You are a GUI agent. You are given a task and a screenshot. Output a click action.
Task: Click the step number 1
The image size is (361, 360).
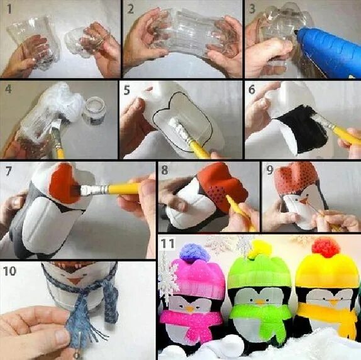[x=9, y=9]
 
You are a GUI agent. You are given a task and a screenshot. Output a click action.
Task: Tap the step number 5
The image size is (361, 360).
[x=127, y=90]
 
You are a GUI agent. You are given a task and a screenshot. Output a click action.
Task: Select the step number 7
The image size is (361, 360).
[x=8, y=170]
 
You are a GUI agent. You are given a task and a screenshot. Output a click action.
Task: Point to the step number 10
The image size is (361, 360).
[x=9, y=271]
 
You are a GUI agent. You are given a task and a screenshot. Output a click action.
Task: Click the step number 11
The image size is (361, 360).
[x=167, y=243]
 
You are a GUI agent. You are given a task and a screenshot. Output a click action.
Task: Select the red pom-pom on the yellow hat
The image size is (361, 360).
[x=326, y=248]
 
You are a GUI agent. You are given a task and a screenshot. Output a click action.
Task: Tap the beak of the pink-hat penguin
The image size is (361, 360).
[x=190, y=309]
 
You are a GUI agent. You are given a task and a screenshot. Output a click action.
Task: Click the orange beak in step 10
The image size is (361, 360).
[x=74, y=281]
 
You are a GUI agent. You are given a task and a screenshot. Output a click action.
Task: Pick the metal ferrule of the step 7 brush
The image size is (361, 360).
[x=94, y=189]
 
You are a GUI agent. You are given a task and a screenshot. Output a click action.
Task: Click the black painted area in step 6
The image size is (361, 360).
[x=303, y=129]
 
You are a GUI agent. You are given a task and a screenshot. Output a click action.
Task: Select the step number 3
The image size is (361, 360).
[x=252, y=9]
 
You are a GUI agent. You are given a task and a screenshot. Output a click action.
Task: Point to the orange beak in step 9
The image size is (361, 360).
[x=304, y=201]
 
